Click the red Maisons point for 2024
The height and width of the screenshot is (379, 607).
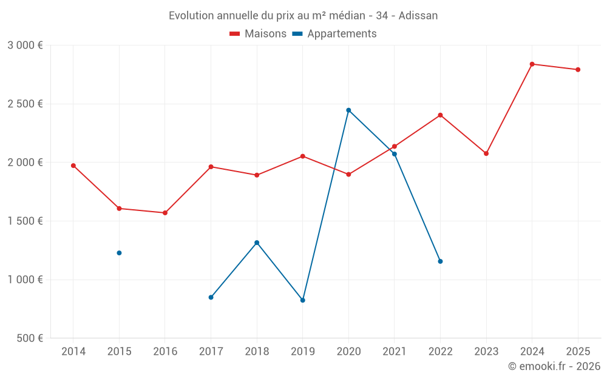pyautogui.click(x=532, y=64)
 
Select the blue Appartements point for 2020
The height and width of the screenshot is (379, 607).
pyautogui.click(x=348, y=110)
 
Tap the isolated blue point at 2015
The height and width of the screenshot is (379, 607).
pyautogui.click(x=119, y=253)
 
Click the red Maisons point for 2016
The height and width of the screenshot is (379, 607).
pyautogui.click(x=165, y=213)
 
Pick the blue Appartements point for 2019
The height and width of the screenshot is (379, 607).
pyautogui.click(x=303, y=300)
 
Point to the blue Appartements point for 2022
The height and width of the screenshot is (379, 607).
pyautogui.click(x=440, y=261)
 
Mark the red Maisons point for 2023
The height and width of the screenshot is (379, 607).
pyautogui.click(x=486, y=153)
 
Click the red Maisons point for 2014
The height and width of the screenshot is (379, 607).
pyautogui.click(x=73, y=166)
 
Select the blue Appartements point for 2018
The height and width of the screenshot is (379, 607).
pyautogui.click(x=257, y=243)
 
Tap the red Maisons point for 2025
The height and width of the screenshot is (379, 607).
pyautogui.click(x=578, y=70)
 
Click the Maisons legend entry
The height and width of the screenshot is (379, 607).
pyautogui.click(x=258, y=34)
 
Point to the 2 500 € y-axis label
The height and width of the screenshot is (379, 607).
pyautogui.click(x=25, y=104)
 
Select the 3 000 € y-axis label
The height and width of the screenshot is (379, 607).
pyautogui.click(x=25, y=45)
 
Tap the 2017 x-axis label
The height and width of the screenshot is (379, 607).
pyautogui.click(x=211, y=352)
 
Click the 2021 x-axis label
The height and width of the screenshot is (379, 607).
pyautogui.click(x=395, y=352)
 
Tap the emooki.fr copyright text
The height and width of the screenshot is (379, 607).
pyautogui.click(x=554, y=366)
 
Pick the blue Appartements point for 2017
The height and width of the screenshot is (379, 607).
pyautogui.click(x=211, y=297)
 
